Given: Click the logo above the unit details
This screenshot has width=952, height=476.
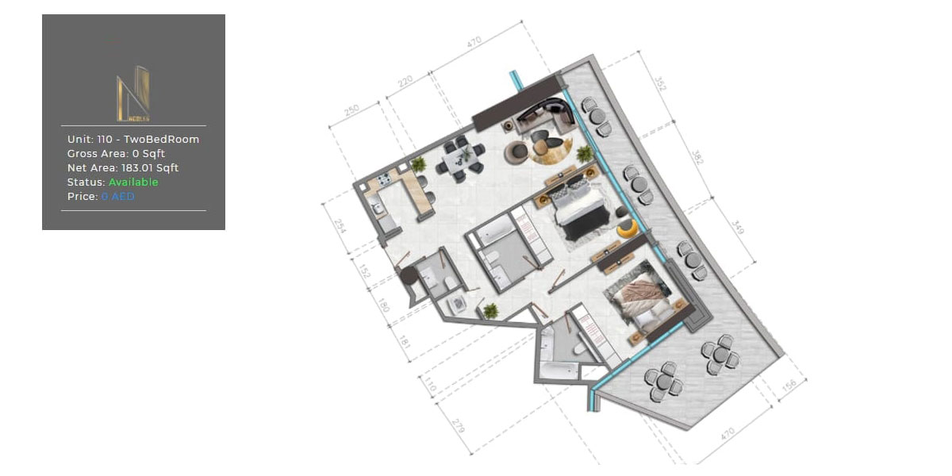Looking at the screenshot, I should [x=133, y=94].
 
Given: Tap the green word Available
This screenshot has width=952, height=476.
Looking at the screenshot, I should [x=133, y=182].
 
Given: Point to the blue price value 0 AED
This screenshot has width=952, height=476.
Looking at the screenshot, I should [x=117, y=196].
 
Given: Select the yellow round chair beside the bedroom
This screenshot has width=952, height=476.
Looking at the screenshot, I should [x=627, y=228].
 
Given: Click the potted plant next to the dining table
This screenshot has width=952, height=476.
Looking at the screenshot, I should [x=418, y=163].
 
